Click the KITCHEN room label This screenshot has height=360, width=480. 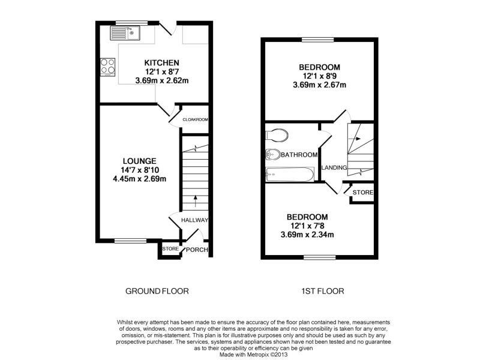(161, 63)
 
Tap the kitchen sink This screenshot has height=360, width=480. (125, 33)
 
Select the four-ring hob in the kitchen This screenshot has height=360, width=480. (108, 67)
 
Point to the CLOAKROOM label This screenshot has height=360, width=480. (195, 119)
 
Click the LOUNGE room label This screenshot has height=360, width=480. (140, 161)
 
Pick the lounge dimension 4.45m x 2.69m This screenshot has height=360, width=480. (140, 179)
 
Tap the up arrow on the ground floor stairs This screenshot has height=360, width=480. (196, 201)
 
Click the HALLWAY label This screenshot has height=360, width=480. (194, 220)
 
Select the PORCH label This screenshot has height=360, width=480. (197, 250)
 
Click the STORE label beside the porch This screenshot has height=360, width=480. (170, 249)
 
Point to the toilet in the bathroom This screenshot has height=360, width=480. (277, 135)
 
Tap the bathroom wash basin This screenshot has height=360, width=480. (273, 155)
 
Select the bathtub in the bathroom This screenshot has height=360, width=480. (290, 174)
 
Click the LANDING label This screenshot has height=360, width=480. (334, 168)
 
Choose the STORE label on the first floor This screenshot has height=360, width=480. (363, 192)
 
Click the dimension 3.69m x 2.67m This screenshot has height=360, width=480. (319, 85)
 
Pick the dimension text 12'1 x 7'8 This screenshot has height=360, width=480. (307, 226)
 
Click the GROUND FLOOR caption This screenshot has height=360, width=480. (157, 291)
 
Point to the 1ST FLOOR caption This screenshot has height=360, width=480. (322, 291)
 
